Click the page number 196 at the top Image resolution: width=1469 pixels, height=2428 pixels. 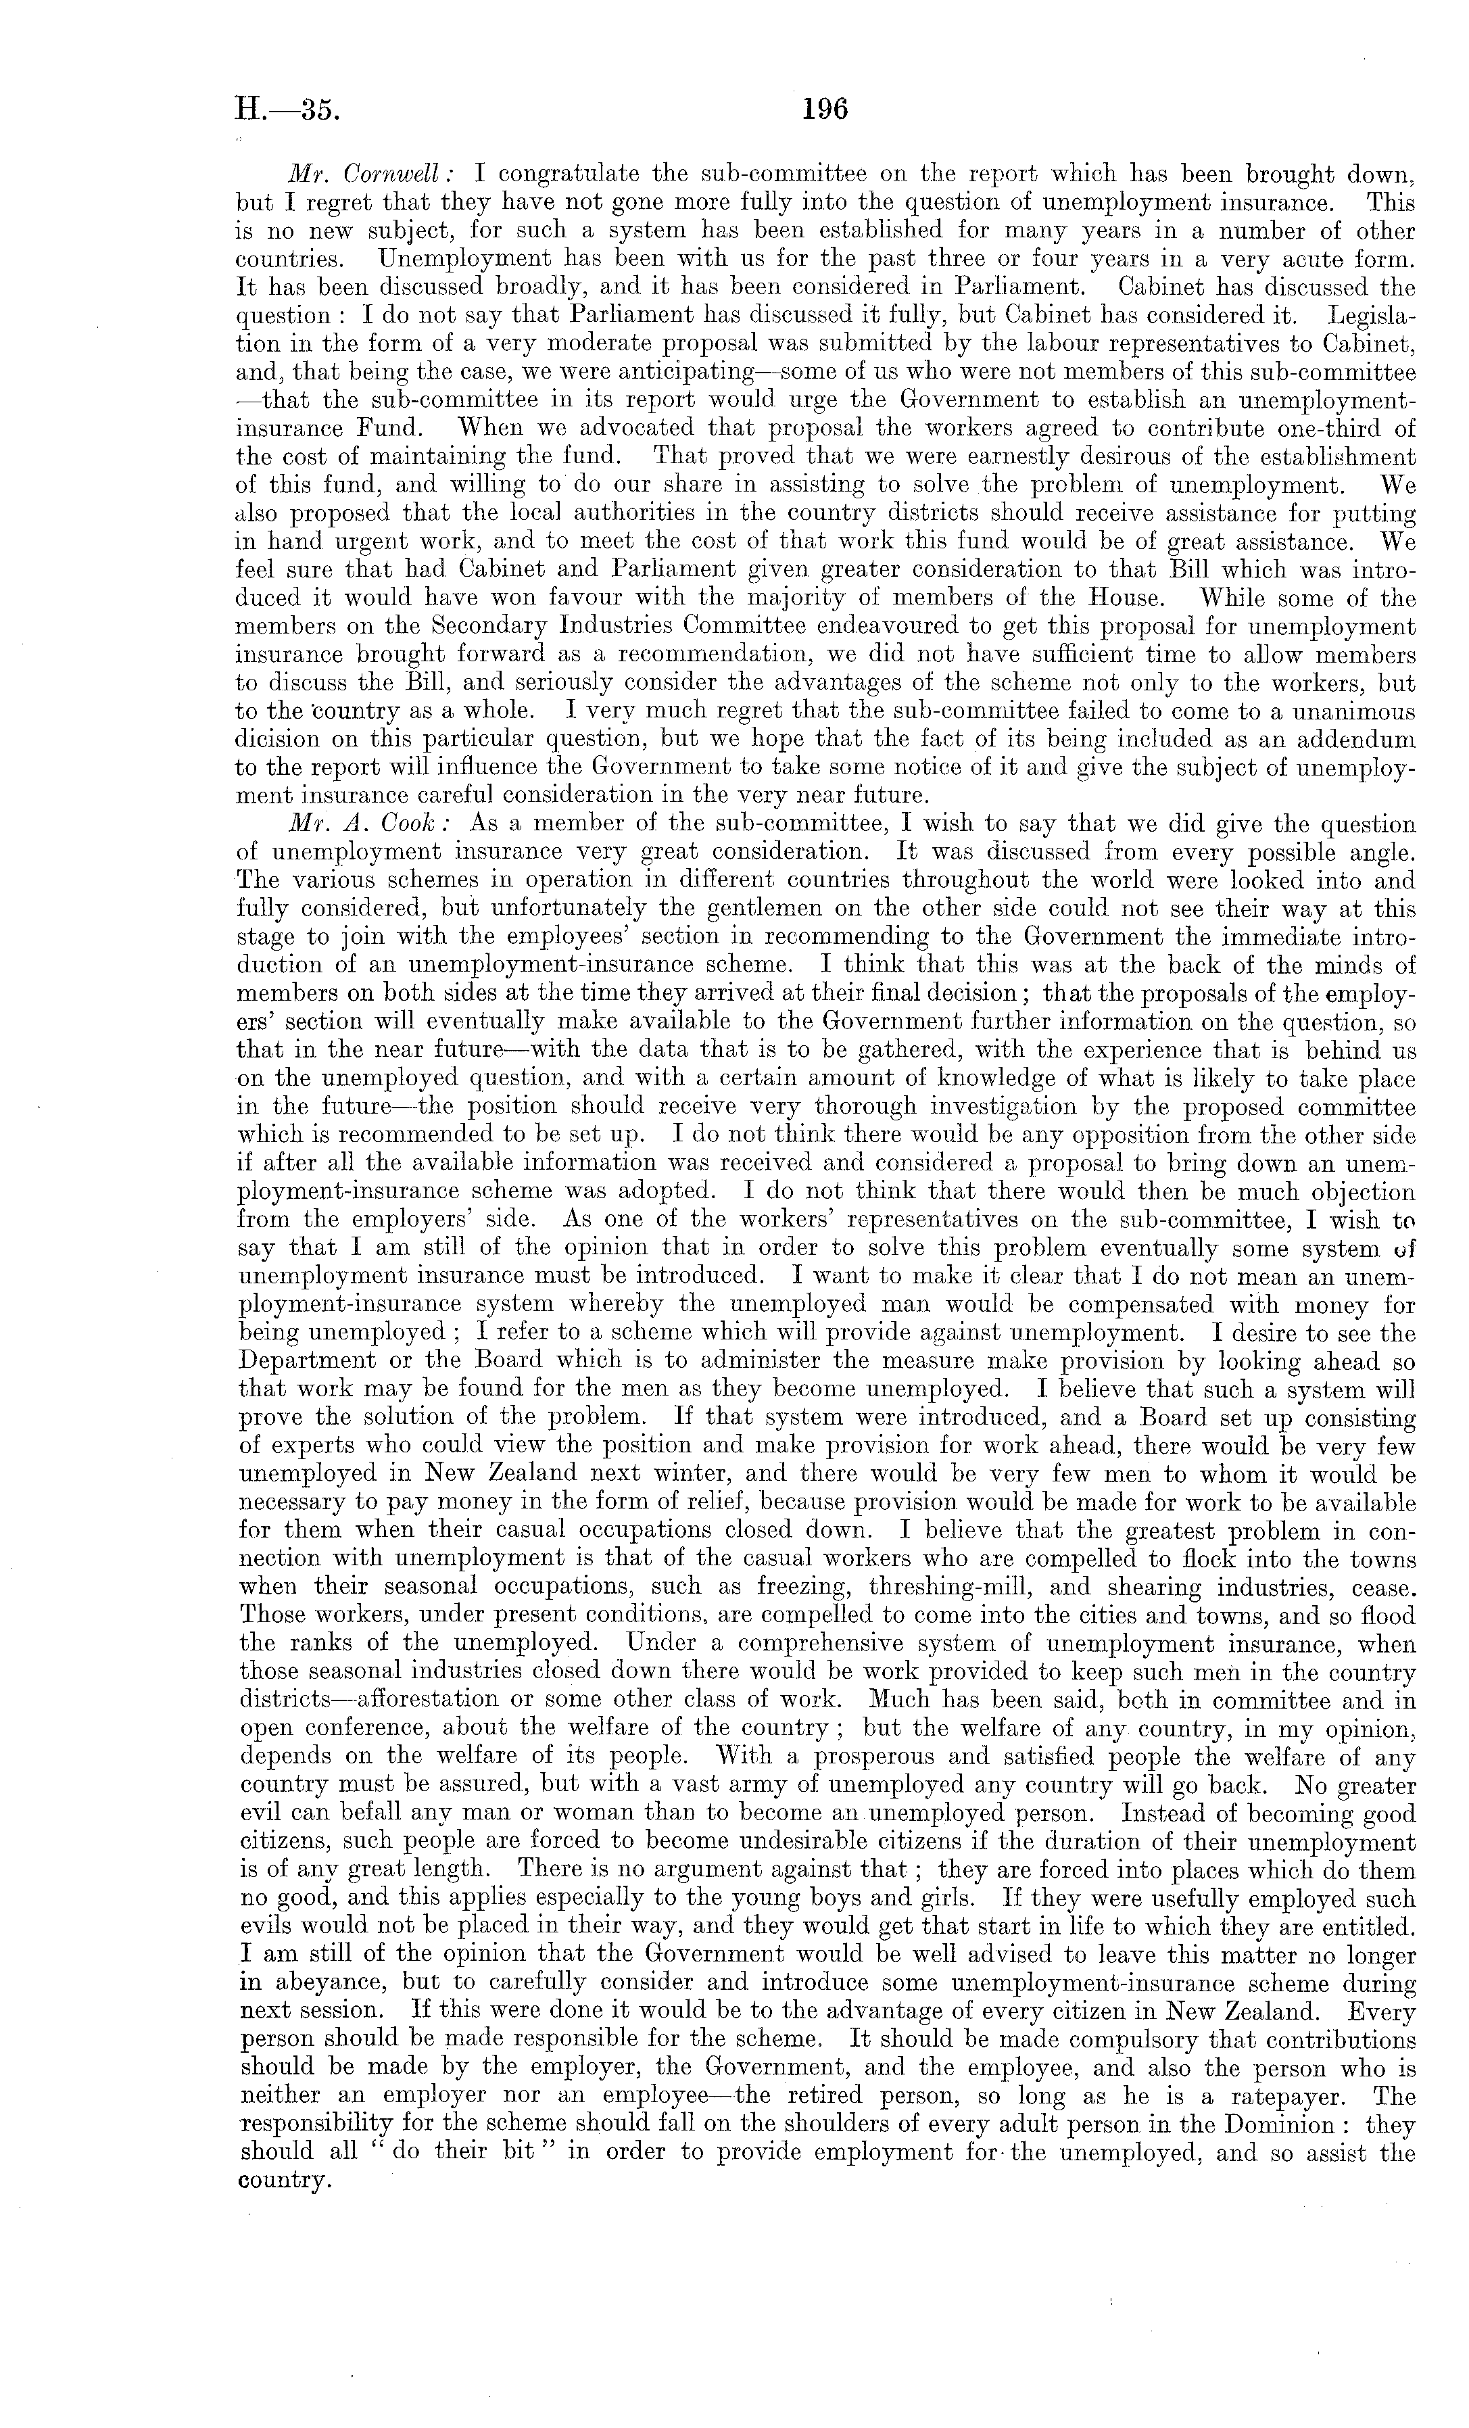pos(825,108)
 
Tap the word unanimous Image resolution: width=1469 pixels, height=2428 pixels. pos(1337,711)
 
